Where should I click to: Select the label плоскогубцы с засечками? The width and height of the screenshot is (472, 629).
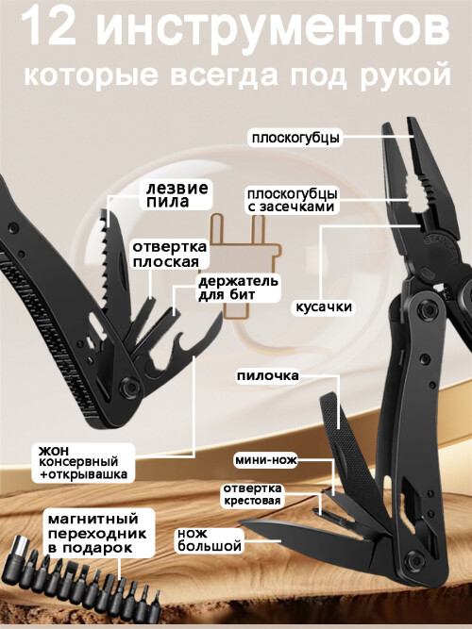292,200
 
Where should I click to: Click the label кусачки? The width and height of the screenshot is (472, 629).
324,306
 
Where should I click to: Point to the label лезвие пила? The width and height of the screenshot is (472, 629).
177,194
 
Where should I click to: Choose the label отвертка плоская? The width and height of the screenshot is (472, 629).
170,254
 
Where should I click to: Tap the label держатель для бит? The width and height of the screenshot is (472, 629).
238,288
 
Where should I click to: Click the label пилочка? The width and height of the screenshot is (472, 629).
267,376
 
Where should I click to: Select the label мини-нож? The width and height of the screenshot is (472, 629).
266,459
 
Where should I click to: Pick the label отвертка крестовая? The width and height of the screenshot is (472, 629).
252,494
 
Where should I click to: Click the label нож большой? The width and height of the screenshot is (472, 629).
210,540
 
